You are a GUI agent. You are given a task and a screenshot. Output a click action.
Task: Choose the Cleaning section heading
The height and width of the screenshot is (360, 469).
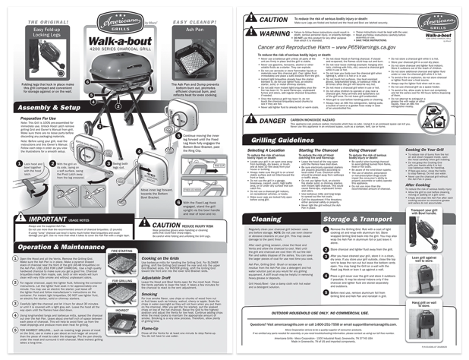tap(265, 219)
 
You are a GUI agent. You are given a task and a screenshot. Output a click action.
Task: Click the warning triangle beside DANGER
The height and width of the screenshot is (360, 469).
tap(250, 121)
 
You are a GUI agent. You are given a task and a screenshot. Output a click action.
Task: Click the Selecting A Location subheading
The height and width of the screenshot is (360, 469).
tap(266, 153)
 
